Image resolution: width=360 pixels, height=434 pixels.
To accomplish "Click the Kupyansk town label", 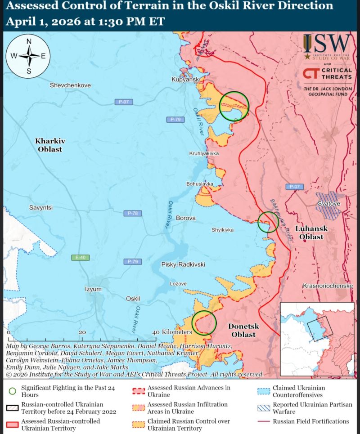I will (185, 79).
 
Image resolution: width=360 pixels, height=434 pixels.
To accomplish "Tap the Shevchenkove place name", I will (70, 85).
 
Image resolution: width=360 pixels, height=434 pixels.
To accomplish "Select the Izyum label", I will (93, 289).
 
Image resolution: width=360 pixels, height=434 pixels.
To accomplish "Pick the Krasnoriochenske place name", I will (328, 286).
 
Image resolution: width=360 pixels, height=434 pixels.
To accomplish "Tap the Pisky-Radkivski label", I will (183, 264).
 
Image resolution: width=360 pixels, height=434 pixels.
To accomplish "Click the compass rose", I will (29, 56).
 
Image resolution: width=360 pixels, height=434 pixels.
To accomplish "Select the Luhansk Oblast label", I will (311, 233).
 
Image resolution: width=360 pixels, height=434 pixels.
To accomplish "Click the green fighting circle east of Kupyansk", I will (234, 106).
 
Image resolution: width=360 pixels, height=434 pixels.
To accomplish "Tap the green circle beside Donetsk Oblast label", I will (204, 323).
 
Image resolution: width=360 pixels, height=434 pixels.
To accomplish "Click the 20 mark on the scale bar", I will (82, 332).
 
